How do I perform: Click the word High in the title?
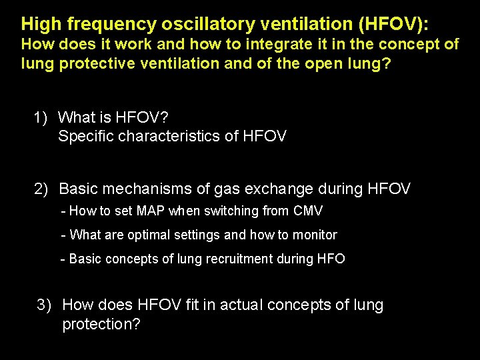(x=40, y=25)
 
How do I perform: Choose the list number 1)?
(x=41, y=118)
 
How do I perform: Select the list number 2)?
(x=42, y=189)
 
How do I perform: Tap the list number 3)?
(x=44, y=305)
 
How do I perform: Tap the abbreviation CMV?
(x=307, y=211)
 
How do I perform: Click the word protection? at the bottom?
(x=101, y=325)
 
